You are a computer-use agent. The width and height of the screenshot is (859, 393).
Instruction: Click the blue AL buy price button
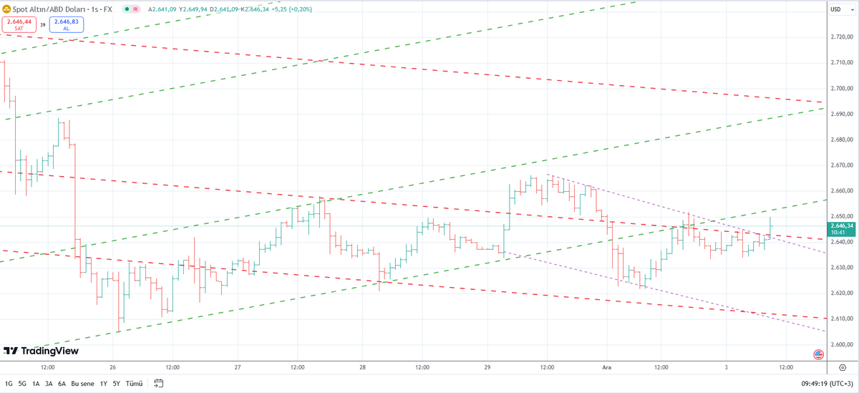[x=66, y=24]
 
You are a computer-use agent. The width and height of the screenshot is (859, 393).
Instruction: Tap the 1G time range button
[x=9, y=384]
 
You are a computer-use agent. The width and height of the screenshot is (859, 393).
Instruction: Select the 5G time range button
[x=22, y=384]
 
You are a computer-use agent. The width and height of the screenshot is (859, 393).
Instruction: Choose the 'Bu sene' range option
[x=83, y=384]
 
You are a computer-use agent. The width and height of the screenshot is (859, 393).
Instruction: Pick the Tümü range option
[x=133, y=384]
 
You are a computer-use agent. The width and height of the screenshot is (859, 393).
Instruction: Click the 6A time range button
[x=62, y=384]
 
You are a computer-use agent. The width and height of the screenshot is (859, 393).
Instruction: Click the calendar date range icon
[x=158, y=384]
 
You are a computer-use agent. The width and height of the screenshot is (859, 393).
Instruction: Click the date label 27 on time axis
[x=238, y=367]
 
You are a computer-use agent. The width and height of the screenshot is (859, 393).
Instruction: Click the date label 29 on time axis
[x=487, y=367]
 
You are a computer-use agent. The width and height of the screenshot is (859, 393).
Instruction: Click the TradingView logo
[x=41, y=351]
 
